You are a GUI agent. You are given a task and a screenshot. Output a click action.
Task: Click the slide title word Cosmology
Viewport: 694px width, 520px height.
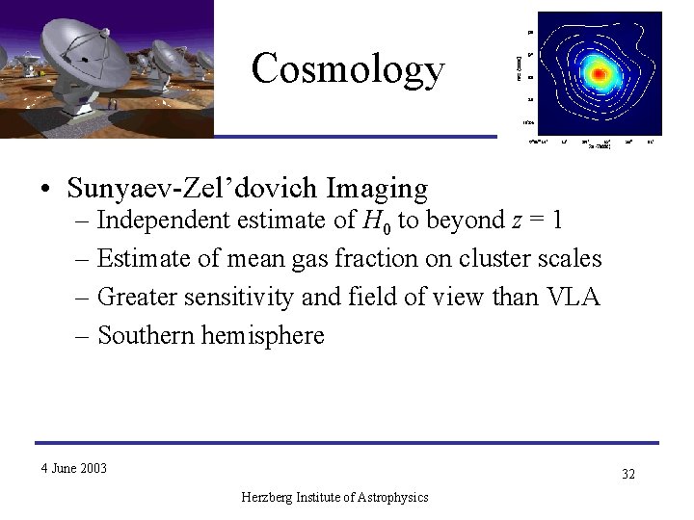tap(348, 69)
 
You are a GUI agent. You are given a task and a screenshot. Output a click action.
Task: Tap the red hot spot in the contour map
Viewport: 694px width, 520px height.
tap(600, 73)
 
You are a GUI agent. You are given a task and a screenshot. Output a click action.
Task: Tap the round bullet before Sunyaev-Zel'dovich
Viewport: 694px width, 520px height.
tap(46, 190)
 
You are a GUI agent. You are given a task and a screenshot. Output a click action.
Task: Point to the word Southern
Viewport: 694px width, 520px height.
tap(145, 335)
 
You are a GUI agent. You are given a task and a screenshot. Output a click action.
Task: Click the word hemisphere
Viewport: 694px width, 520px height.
tap(264, 335)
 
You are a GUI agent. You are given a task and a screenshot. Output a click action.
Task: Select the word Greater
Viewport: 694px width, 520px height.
tap(133, 298)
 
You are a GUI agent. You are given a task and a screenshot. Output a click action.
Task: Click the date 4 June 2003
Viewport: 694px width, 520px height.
tap(74, 469)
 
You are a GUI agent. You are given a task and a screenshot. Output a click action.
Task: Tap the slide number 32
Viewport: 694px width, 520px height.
tap(627, 474)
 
